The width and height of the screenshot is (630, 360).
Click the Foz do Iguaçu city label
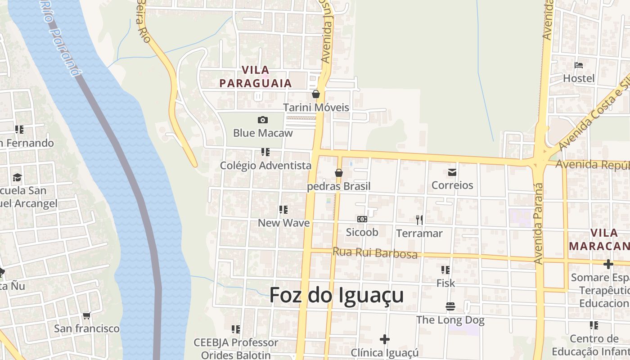(x=336, y=296)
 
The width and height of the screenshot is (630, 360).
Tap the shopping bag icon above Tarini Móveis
(x=316, y=94)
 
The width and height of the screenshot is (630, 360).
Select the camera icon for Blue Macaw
(x=263, y=120)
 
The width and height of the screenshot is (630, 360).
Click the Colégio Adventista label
(x=265, y=166)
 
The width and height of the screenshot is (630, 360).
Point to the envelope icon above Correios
(x=452, y=172)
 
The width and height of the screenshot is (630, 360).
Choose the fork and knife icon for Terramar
(x=419, y=220)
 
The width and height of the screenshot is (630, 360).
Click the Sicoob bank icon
(x=362, y=219)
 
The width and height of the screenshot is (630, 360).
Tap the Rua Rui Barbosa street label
(x=375, y=253)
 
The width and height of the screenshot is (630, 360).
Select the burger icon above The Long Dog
(x=450, y=306)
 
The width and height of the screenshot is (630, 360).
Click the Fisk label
(x=445, y=283)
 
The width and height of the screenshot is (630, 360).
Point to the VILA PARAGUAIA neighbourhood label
(x=256, y=76)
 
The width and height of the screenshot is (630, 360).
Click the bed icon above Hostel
(x=579, y=65)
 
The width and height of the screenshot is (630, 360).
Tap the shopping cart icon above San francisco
(x=87, y=315)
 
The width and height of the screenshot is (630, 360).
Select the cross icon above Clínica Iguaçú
(x=384, y=339)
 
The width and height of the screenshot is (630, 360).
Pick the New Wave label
(x=283, y=223)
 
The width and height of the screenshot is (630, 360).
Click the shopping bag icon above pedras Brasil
(x=339, y=173)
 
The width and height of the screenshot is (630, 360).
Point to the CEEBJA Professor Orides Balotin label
(x=236, y=348)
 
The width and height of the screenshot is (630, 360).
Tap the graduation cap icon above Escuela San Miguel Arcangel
(x=17, y=177)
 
